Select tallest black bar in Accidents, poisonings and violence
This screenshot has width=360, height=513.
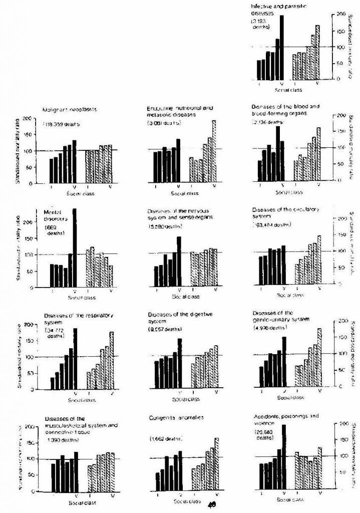point(283,456)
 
